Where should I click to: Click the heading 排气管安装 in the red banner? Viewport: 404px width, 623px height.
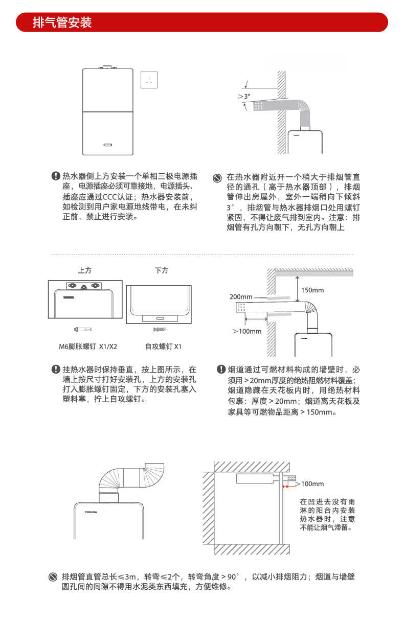pyautogui.click(x=62, y=23)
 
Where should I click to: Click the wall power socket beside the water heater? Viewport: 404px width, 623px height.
pyautogui.click(x=149, y=80)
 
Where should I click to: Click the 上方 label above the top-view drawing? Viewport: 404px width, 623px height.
pyautogui.click(x=85, y=270)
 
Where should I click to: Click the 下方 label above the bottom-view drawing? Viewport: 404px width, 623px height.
pyautogui.click(x=162, y=270)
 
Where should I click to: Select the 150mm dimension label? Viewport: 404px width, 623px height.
pyautogui.click(x=312, y=290)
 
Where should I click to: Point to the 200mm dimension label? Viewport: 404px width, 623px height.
pyautogui.click(x=241, y=297)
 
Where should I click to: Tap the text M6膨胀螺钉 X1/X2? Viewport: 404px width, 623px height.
pyautogui.click(x=87, y=347)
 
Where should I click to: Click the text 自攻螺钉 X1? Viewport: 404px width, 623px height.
pyautogui.click(x=163, y=347)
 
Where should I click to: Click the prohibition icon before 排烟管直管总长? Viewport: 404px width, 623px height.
pyautogui.click(x=53, y=577)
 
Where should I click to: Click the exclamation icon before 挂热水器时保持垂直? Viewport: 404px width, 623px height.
pyautogui.click(x=56, y=369)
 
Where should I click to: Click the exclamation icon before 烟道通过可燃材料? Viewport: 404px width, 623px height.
pyautogui.click(x=221, y=369)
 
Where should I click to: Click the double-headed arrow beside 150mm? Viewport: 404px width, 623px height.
pyautogui.click(x=297, y=289)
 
